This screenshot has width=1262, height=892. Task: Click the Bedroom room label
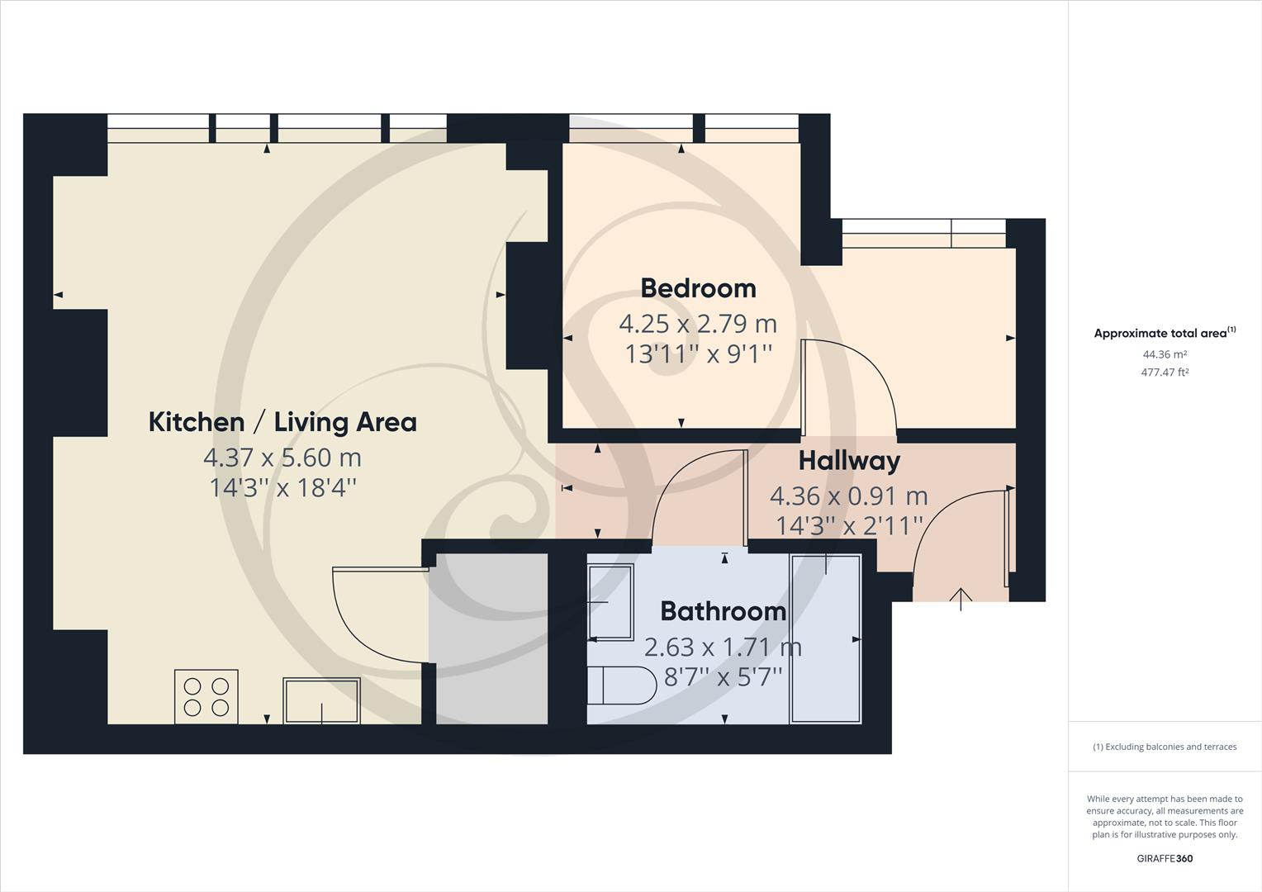tap(698, 288)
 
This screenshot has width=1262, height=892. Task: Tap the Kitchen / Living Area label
tap(282, 422)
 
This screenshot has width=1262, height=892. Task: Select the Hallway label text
tap(849, 461)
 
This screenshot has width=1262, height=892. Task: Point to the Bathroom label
tap(723, 611)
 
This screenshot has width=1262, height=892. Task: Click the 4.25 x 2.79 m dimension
tap(698, 323)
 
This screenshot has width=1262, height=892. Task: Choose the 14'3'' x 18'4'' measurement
tap(282, 487)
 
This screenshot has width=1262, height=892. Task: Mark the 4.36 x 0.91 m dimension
tap(849, 496)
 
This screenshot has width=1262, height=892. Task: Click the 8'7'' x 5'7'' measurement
tap(723, 677)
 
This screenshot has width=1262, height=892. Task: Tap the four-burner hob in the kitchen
tap(206, 696)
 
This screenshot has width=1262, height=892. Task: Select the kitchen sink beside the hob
tap(321, 700)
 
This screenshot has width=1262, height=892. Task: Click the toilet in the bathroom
tap(614, 686)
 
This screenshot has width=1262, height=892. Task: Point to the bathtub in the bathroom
tap(825, 638)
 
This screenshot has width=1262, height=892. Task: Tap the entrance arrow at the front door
tap(961, 598)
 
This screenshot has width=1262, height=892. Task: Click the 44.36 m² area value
tap(1165, 354)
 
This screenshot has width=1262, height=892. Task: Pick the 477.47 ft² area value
tap(1165, 372)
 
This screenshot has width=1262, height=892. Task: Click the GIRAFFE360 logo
tap(1165, 858)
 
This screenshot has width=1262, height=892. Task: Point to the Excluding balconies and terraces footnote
tap(1165, 747)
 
